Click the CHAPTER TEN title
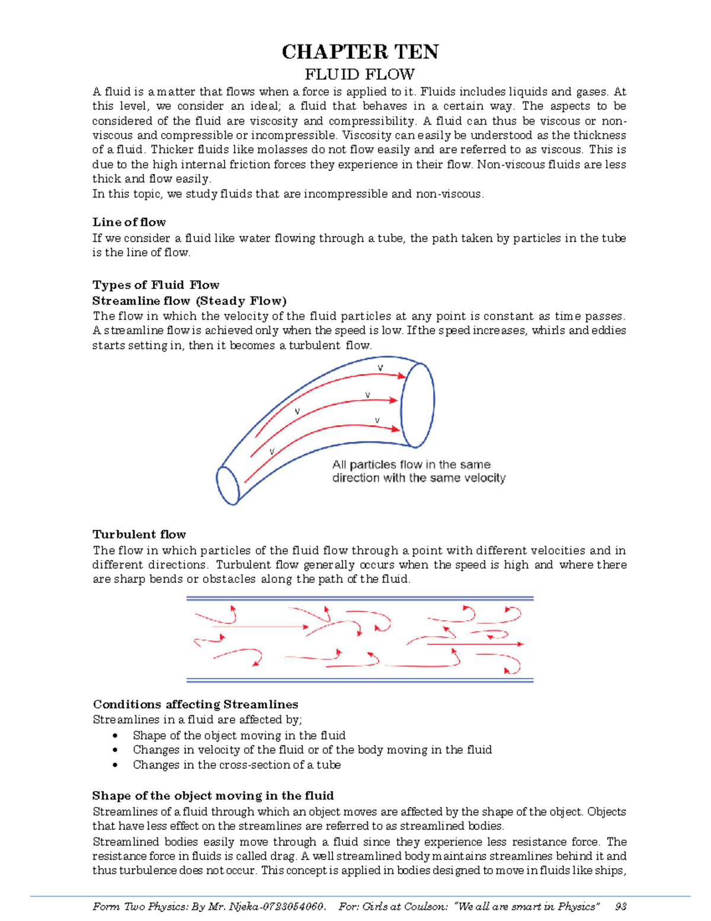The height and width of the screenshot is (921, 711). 360,52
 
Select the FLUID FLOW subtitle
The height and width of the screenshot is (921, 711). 359,75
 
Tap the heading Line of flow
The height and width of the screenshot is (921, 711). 129,222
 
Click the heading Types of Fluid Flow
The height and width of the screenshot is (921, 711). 156,285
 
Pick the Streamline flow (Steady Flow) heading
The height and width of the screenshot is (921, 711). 190,301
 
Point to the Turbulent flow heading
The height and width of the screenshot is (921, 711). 139,534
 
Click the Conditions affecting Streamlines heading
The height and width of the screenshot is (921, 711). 196,705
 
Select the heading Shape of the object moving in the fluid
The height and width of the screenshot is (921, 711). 213,796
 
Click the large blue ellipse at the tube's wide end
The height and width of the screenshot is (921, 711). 418,404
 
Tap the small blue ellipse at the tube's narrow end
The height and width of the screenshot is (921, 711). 228,485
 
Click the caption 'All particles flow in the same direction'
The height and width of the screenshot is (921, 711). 418,471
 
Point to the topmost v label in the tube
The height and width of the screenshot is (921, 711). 380,368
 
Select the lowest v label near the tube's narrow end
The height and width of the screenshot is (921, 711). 272,451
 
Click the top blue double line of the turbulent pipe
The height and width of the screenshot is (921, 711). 360,599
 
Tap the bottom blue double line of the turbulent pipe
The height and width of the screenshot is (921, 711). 360,680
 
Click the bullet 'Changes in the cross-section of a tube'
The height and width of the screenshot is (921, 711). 236,765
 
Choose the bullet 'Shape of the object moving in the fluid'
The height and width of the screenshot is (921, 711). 239,735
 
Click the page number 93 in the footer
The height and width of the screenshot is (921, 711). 621,906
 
